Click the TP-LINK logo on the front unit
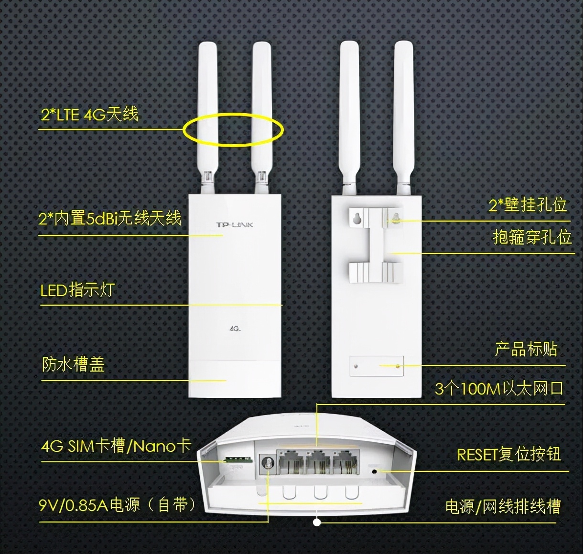click(235, 224)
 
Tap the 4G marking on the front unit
click(234, 329)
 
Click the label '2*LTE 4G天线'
click(89, 115)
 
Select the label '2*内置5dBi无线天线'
click(110, 218)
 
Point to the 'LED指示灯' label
click(77, 290)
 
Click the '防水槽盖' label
click(73, 365)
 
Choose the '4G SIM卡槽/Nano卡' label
click(116, 446)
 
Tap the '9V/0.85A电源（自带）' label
click(118, 505)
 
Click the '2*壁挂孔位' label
click(528, 205)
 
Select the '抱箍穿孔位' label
click(532, 237)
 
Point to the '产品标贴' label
click(526, 349)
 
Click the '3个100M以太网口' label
click(499, 389)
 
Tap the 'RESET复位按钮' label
click(509, 454)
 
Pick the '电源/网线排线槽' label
click(503, 506)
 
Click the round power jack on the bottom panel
click(267, 463)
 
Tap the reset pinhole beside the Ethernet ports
click(375, 471)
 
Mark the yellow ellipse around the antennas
click(234, 130)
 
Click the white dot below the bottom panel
click(317, 522)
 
